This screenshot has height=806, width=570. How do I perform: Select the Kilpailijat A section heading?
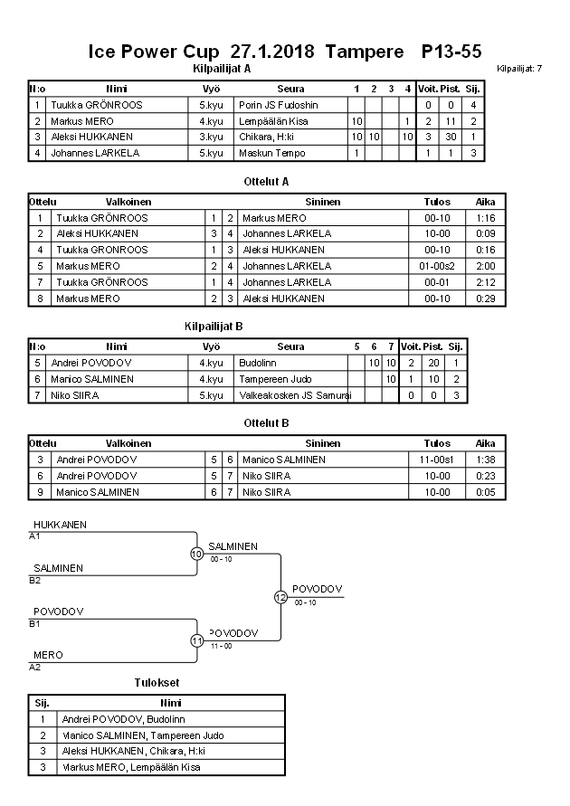click(223, 68)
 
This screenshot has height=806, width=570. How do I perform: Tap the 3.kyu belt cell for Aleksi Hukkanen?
click(212, 137)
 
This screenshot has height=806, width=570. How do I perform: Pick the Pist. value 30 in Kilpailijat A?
click(450, 137)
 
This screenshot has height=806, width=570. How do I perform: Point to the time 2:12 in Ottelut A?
click(486, 282)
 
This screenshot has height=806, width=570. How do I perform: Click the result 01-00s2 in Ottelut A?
click(436, 266)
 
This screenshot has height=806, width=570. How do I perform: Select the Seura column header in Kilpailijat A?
click(290, 89)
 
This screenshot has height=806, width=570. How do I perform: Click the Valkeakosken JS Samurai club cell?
click(294, 395)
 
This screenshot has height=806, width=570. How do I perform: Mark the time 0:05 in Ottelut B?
click(486, 492)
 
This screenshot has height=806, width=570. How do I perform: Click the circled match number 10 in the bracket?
click(196, 554)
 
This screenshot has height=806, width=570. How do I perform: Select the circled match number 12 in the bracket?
click(280, 597)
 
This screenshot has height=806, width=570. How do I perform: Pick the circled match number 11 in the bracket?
click(196, 640)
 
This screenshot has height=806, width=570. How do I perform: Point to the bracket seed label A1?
click(35, 536)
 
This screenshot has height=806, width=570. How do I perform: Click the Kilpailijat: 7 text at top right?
click(519, 69)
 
